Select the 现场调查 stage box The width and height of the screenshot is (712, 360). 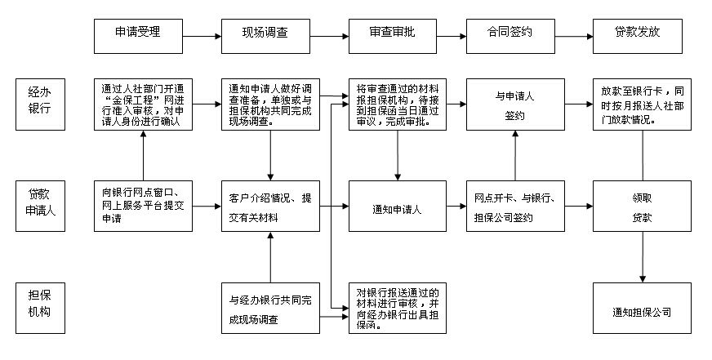pyautogui.click(x=266, y=36)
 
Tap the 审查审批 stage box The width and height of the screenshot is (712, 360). pyautogui.click(x=391, y=36)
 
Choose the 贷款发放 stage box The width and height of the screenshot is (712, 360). pyautogui.click(x=637, y=36)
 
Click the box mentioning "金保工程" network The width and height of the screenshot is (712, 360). pyautogui.click(x=143, y=104)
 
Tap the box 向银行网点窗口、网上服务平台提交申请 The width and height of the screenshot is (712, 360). pyautogui.click(x=143, y=206)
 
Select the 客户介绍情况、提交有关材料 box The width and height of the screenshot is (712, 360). pyautogui.click(x=269, y=206)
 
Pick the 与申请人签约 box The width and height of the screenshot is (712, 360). pyautogui.click(x=514, y=104)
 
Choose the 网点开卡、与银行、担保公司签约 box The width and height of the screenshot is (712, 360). pyautogui.click(x=514, y=209)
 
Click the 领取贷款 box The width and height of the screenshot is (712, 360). pyautogui.click(x=642, y=209)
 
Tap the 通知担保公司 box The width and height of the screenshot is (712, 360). pyautogui.click(x=642, y=310)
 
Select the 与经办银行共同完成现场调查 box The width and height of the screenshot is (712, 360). pyautogui.click(x=269, y=309)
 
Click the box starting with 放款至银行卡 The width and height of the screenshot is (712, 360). pyautogui.click(x=642, y=104)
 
